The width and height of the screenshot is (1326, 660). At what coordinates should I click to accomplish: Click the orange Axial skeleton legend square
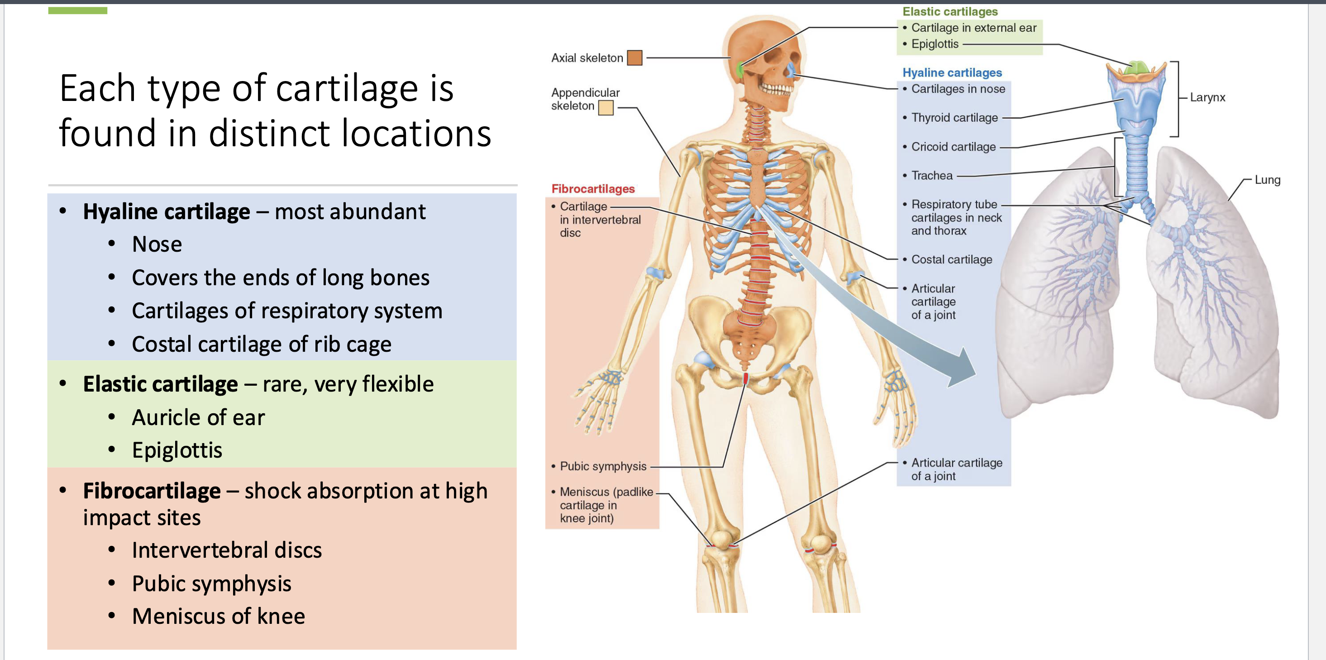[634, 57]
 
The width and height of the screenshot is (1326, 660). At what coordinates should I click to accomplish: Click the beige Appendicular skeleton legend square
[606, 107]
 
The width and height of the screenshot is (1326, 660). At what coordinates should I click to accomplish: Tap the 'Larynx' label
[1207, 97]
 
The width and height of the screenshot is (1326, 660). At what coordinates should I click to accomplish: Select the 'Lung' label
[1267, 180]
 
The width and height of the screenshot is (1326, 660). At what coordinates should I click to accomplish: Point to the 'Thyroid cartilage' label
[954, 118]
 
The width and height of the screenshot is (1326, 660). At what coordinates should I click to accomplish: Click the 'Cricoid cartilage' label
[954, 147]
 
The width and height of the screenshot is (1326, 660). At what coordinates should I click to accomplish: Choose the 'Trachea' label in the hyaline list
[932, 176]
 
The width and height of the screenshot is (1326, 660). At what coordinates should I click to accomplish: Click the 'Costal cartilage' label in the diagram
[951, 259]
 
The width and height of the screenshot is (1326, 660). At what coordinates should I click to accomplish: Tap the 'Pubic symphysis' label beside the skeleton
[603, 466]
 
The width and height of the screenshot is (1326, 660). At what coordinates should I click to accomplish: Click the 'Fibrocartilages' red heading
[593, 189]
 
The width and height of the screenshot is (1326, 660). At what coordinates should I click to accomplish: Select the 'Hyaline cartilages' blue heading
[952, 72]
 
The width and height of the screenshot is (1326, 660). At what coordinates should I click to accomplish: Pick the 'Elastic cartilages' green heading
[950, 11]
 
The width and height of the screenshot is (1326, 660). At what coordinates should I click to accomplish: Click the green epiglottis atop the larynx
[1136, 67]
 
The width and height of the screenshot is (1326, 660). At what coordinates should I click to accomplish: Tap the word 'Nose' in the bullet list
[157, 244]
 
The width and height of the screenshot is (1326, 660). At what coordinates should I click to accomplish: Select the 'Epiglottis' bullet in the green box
[176, 450]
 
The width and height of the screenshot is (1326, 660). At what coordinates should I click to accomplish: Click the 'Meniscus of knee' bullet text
[218, 616]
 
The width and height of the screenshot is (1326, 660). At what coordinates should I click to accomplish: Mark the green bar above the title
[78, 10]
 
